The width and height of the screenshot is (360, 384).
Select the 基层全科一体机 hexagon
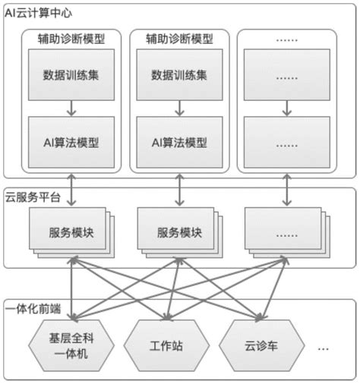[71, 347]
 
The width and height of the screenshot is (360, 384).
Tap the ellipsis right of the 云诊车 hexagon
[323, 348]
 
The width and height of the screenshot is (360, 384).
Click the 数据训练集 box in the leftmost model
[71, 75]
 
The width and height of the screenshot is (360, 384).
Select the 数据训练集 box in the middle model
[178, 75]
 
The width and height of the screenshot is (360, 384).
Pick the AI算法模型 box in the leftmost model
[71, 143]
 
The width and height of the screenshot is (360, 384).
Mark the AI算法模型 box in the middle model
[178, 143]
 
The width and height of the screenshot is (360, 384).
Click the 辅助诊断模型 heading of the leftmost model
[71, 38]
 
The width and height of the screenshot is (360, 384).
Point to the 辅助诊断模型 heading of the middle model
[178, 38]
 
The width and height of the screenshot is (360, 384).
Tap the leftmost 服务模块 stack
[71, 231]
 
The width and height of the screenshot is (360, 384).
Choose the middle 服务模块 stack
[178, 231]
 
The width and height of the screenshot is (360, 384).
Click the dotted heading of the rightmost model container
[286, 38]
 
